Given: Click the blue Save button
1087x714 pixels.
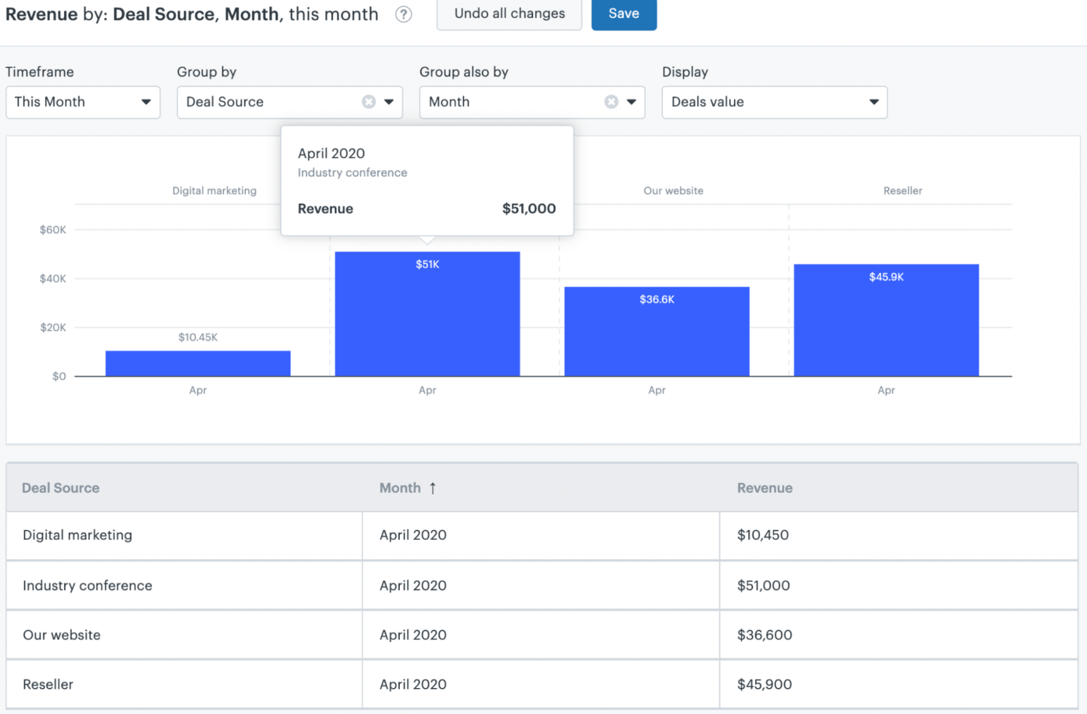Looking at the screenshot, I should coord(624,14).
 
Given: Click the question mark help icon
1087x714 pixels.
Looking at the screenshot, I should coord(403,14).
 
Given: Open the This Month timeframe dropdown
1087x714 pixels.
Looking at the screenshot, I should coord(83,102).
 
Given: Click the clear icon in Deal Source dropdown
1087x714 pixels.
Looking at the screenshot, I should coord(369,102).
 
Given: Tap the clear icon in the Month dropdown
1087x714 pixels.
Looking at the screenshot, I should coord(611,102).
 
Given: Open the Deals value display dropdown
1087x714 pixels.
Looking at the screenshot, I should coord(774,102).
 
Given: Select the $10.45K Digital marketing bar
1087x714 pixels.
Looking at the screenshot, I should coord(198,363).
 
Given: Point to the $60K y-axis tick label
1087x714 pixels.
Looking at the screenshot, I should coord(53,230).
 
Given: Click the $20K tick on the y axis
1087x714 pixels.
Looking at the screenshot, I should coord(53,327).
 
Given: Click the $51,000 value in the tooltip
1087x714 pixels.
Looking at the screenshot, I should coord(529,208).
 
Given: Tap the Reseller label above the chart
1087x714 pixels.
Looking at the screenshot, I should coord(902,190).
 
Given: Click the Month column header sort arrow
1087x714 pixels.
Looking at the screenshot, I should coord(433,488).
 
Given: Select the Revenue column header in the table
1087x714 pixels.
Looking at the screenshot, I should coord(764,488).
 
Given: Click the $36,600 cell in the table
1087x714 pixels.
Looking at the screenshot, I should coord(764,635).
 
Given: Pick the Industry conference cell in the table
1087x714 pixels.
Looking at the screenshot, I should coord(88,585).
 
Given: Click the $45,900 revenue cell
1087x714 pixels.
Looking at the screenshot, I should coord(764,684).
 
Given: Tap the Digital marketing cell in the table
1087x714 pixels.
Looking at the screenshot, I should coord(77,535).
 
